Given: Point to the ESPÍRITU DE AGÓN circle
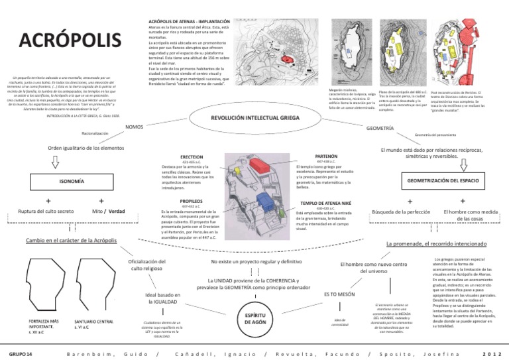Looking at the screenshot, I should point(255,317).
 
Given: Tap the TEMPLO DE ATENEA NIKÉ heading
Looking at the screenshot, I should point(324,203).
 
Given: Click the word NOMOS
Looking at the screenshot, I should point(135,126).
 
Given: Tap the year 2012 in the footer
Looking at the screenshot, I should point(492,354).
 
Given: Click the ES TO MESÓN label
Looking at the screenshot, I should point(339,293).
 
